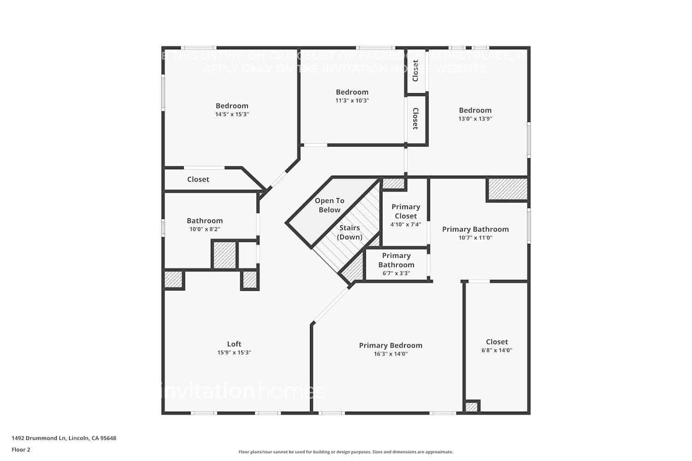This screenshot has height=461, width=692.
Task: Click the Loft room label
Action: pyautogui.click(x=234, y=344)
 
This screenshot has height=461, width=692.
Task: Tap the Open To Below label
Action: pyautogui.click(x=329, y=205)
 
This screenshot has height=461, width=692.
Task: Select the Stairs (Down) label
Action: pyautogui.click(x=349, y=232)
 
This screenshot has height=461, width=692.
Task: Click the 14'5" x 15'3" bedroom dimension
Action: pyautogui.click(x=232, y=114)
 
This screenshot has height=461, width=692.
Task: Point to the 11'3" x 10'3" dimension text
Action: pyautogui.click(x=352, y=100)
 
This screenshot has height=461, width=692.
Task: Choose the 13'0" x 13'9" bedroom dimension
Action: pyautogui.click(x=475, y=118)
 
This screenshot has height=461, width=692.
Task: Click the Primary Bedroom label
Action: pyautogui.click(x=390, y=345)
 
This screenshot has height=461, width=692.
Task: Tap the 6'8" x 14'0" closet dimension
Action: pyautogui.click(x=496, y=350)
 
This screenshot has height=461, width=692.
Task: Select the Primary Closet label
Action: pyautogui.click(x=406, y=211)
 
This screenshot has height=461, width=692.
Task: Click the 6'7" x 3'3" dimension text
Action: pyautogui.click(x=396, y=273)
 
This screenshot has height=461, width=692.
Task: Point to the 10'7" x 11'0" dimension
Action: pyautogui.click(x=475, y=238)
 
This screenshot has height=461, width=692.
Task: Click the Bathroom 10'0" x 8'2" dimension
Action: pyautogui.click(x=204, y=229)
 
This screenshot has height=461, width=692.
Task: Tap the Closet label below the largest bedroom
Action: pyautogui.click(x=198, y=179)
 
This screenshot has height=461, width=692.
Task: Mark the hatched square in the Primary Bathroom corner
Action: pyautogui.click(x=507, y=189)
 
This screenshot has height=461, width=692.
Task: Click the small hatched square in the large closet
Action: pyautogui.click(x=471, y=407)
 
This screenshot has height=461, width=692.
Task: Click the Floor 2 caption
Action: pyautogui.click(x=21, y=449)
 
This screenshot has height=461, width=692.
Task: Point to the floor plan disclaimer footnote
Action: pyautogui.click(x=346, y=452)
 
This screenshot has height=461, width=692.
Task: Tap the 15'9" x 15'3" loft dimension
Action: pyautogui.click(x=234, y=353)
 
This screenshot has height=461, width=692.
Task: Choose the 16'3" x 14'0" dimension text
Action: pyautogui.click(x=390, y=354)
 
